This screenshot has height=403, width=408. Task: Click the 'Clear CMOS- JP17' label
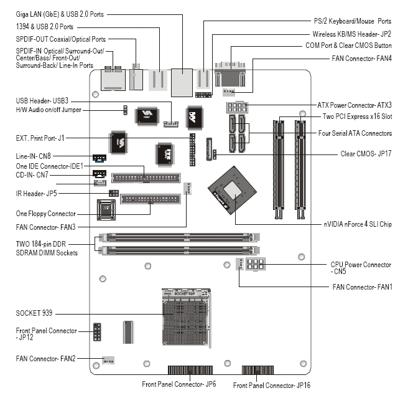click(x=366, y=153)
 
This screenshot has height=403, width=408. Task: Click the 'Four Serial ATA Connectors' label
click(x=354, y=133)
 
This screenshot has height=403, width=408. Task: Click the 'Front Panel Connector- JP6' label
click(x=178, y=384)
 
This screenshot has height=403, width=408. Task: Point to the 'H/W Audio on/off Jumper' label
click(x=49, y=110)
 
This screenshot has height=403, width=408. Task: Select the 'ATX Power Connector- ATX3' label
click(x=355, y=107)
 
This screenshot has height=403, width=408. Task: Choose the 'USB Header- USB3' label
click(x=42, y=100)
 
